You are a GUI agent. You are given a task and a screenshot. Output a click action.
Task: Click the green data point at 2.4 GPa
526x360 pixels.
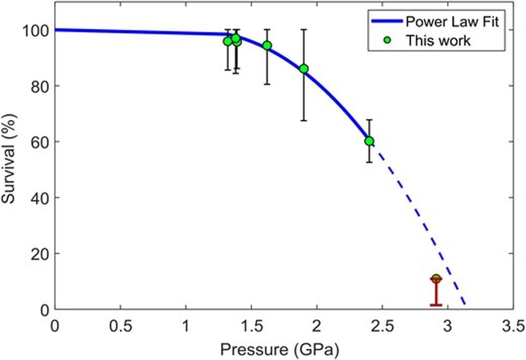point(369,141)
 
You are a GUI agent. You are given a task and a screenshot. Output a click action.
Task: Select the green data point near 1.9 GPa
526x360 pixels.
point(304,68)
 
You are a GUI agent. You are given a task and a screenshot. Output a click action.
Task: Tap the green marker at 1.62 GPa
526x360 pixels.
point(267,45)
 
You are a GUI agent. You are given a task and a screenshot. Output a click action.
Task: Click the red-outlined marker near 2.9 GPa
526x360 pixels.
point(436,279)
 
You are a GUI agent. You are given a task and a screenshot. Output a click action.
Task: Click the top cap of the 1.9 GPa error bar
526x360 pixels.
point(304,29)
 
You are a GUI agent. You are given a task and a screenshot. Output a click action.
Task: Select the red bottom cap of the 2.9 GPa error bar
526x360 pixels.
point(436,305)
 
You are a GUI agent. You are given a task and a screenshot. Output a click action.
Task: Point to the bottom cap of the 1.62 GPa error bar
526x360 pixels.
point(267,84)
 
